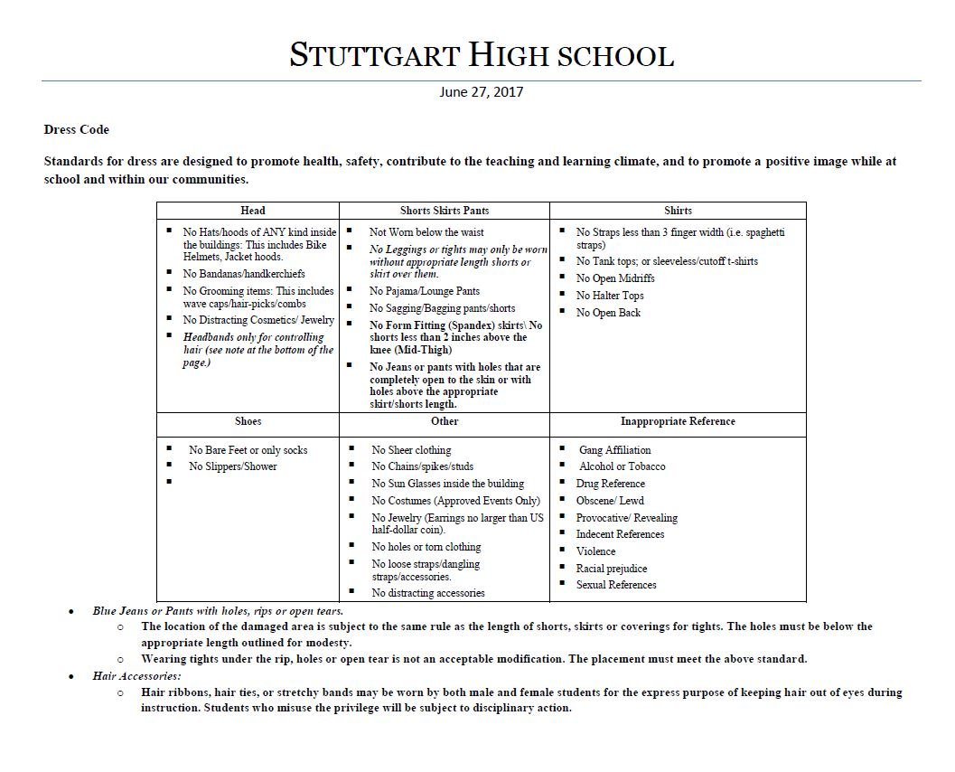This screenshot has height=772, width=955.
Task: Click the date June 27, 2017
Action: tap(482, 91)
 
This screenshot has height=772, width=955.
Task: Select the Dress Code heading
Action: tap(77, 129)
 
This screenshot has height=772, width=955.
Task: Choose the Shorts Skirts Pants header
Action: tap(445, 211)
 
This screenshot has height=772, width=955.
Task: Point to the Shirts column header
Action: tap(678, 211)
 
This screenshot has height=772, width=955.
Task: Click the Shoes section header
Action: tap(248, 421)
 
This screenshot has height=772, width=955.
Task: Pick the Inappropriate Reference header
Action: tap(678, 421)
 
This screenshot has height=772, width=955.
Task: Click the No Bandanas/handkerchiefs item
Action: tap(244, 273)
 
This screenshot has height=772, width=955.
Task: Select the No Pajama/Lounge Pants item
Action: tap(425, 291)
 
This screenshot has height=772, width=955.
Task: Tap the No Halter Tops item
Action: tap(610, 296)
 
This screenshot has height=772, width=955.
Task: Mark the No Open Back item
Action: tap(608, 313)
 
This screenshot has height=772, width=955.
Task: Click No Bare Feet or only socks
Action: tap(248, 450)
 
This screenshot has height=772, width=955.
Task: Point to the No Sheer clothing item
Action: tap(411, 450)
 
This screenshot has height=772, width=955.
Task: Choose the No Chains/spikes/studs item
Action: tap(422, 466)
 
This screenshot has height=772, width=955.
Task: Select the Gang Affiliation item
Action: tap(614, 450)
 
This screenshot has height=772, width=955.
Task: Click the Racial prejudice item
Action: tap(612, 569)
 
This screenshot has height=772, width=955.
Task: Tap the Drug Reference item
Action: tap(611, 484)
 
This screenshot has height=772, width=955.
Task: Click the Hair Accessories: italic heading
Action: tap(137, 675)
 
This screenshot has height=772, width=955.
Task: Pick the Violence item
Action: tap(595, 551)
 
